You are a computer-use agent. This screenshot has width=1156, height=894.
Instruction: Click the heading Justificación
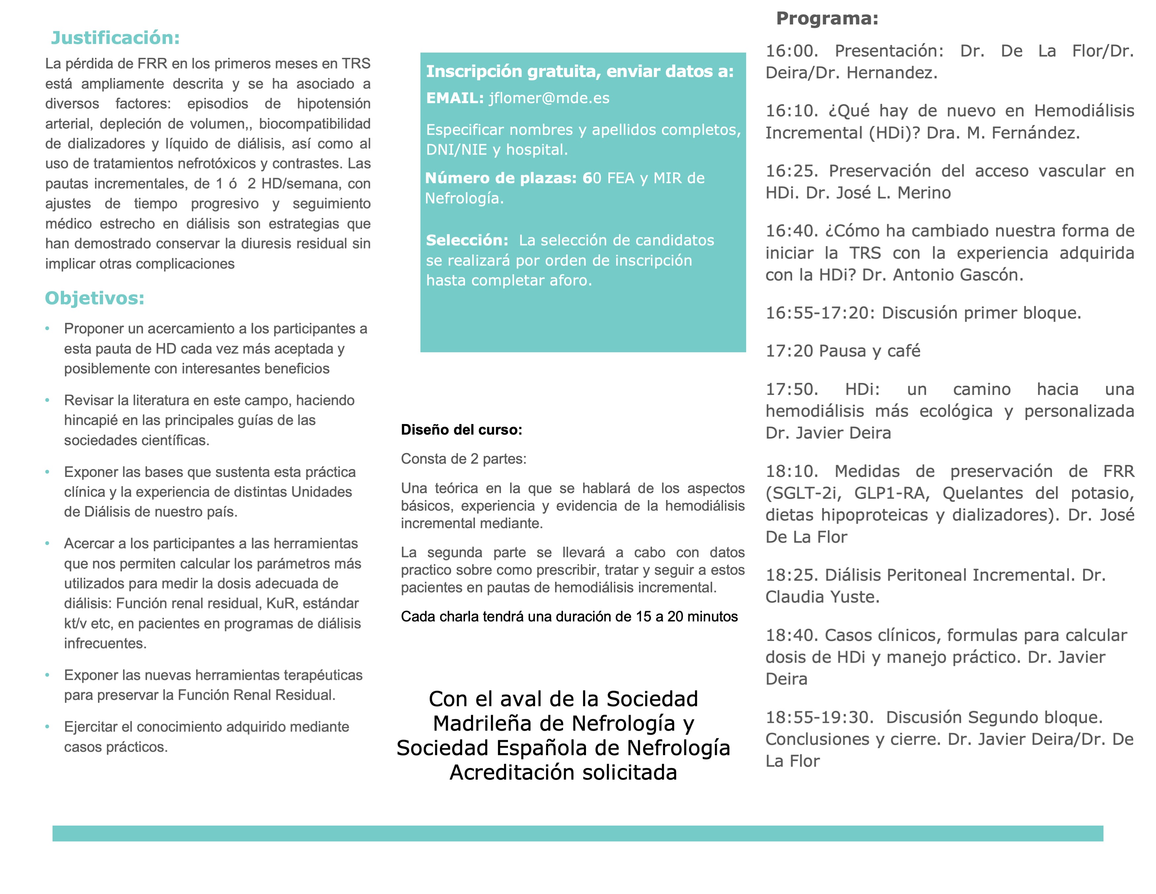click(x=115, y=38)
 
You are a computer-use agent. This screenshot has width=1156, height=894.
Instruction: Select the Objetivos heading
click(x=94, y=298)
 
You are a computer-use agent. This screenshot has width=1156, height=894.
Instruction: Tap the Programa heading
click(x=827, y=19)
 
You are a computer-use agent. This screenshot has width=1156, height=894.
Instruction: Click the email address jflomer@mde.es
click(x=549, y=98)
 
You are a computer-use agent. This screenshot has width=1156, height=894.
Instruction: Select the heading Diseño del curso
click(x=461, y=430)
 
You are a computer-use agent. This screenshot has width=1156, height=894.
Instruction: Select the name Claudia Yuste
click(x=822, y=597)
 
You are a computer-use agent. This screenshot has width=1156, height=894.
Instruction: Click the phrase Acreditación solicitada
click(x=563, y=772)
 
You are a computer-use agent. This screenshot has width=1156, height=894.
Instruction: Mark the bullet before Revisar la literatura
click(x=48, y=400)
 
